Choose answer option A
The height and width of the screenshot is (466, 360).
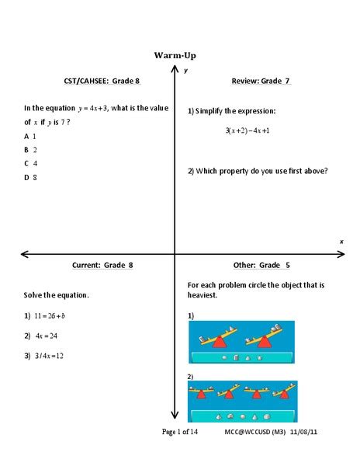tap(31, 135)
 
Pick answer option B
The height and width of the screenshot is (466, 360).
tap(31, 149)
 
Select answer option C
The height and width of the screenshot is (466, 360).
tap(31, 163)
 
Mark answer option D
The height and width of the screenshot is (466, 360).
tap(31, 177)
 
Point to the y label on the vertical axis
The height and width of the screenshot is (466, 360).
tap(186, 71)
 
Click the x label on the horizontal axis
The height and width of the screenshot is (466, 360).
tap(341, 242)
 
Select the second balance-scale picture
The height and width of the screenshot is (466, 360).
tap(242, 401)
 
